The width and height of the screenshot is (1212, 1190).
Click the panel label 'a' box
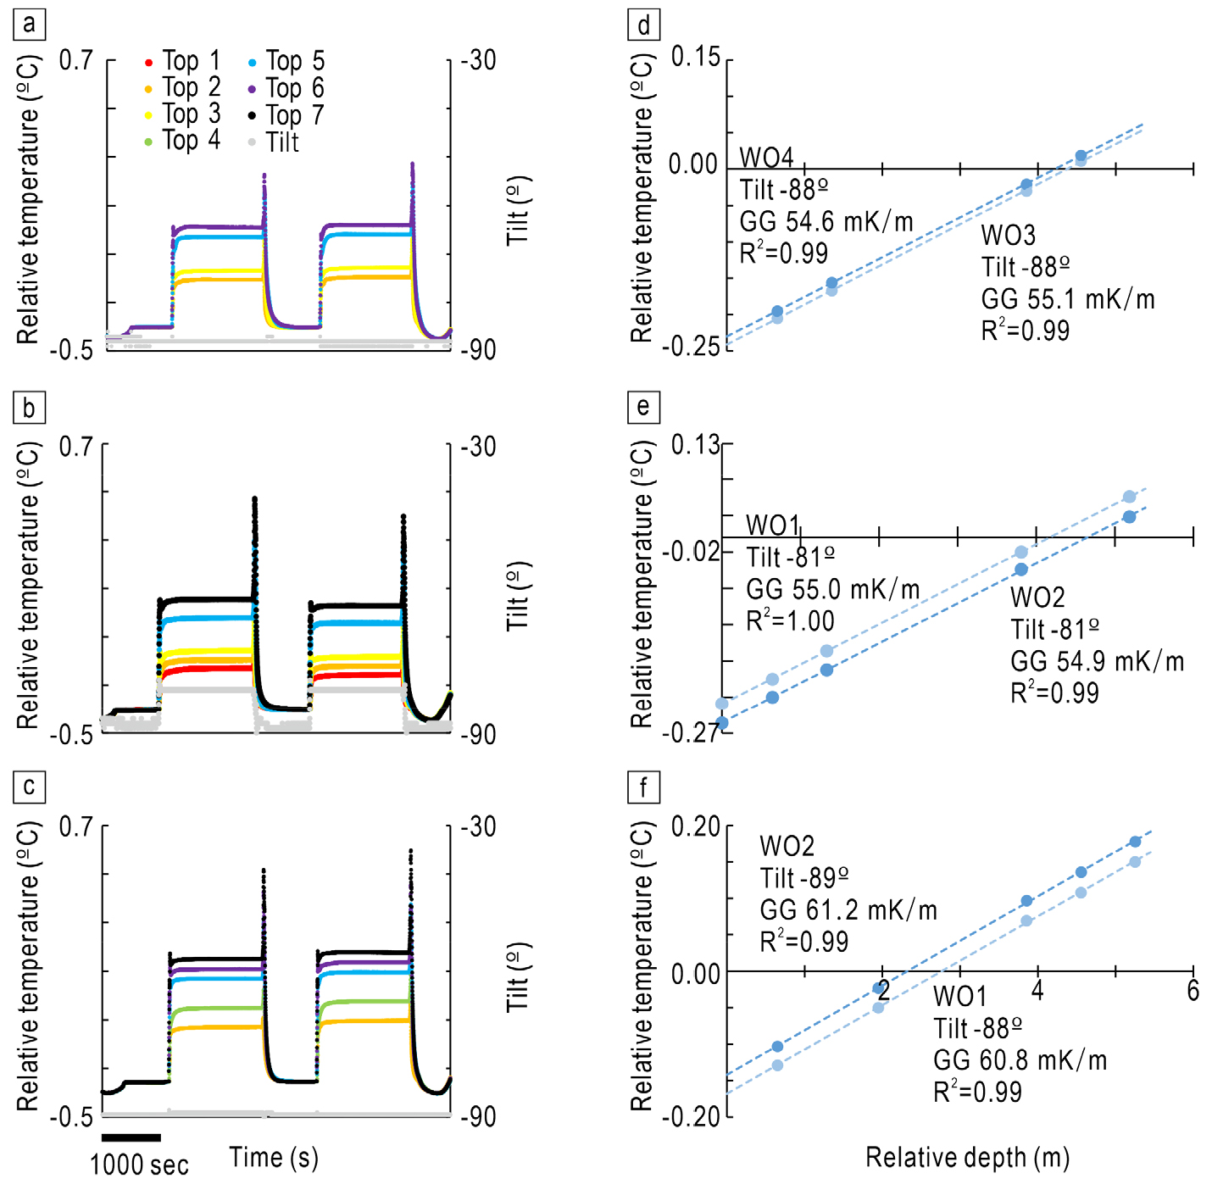pyautogui.click(x=30, y=24)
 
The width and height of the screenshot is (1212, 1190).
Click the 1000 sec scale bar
pyautogui.click(x=131, y=1137)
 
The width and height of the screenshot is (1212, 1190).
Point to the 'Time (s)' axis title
pyautogui.click(x=274, y=1158)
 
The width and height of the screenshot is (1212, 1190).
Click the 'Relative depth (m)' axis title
pyautogui.click(x=967, y=1158)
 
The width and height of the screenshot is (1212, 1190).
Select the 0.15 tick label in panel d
pyautogui.click(x=695, y=58)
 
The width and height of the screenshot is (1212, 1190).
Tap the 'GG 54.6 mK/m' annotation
pyautogui.click(x=826, y=222)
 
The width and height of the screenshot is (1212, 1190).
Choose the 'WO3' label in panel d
pyautogui.click(x=1009, y=235)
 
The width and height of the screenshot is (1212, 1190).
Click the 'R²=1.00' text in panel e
pyautogui.click(x=790, y=621)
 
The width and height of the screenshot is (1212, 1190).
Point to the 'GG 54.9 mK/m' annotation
pyautogui.click(x=1097, y=661)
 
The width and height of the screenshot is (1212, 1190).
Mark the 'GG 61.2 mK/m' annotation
pyautogui.click(x=848, y=910)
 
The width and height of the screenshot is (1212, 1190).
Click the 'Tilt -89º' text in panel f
pyautogui.click(x=803, y=878)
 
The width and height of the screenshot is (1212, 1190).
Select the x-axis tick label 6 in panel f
pyautogui.click(x=1193, y=990)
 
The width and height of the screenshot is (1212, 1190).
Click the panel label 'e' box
pyautogui.click(x=643, y=408)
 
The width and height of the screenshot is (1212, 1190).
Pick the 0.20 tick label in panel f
pyautogui.click(x=695, y=826)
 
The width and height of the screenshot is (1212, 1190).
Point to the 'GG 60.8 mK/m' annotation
pyautogui.click(x=1020, y=1060)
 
